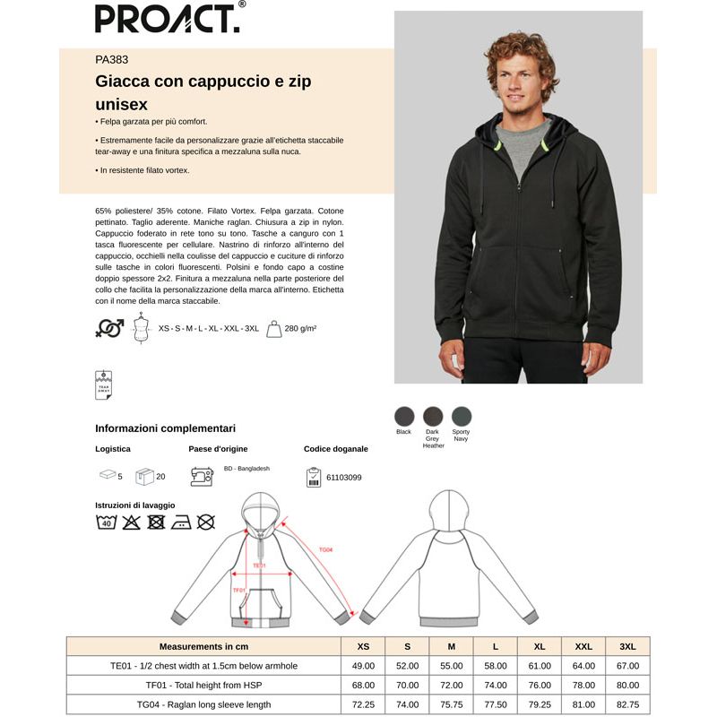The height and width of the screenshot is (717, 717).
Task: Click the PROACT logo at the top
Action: (x=168, y=18)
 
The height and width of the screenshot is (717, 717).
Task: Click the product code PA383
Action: (x=111, y=61)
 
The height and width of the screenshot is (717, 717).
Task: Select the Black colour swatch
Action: (x=404, y=416)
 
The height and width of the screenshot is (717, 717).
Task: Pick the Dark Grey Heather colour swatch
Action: (x=433, y=416)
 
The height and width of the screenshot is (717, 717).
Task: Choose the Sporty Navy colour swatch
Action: (x=461, y=416)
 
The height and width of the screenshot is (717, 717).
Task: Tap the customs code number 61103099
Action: (x=345, y=477)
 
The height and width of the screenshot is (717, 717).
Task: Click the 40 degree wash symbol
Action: (x=106, y=522)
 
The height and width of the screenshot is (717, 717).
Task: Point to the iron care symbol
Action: (x=181, y=522)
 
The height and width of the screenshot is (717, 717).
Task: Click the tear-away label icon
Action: (x=103, y=384)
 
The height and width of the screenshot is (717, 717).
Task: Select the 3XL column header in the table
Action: (x=627, y=645)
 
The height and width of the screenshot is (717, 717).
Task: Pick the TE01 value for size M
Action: (x=451, y=666)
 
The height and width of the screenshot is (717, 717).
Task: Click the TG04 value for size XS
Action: (x=363, y=704)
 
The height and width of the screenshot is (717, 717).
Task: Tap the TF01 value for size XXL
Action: (x=583, y=686)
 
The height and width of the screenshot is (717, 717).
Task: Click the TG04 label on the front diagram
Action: (x=325, y=549)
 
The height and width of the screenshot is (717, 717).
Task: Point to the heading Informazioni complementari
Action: (x=165, y=428)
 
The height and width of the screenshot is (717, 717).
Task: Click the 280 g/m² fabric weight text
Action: (x=300, y=329)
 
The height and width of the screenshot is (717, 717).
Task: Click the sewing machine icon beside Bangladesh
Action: (x=201, y=476)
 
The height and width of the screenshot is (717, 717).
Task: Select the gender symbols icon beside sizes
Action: (x=109, y=329)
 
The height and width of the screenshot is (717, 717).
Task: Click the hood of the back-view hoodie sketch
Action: (x=445, y=513)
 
